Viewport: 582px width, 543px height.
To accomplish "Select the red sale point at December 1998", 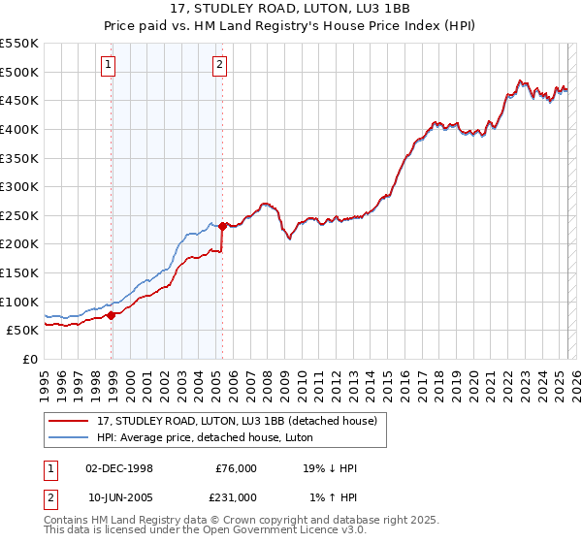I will (112, 314).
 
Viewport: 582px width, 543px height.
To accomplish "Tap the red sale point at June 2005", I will (223, 226).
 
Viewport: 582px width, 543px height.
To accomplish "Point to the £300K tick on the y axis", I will (19, 186).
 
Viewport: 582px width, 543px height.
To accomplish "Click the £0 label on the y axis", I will (30, 359).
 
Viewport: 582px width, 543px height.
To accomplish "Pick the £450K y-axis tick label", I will (19, 100).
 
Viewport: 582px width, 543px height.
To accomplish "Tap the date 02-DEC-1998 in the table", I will (120, 467).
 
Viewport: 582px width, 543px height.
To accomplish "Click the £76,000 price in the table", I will (236, 467).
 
